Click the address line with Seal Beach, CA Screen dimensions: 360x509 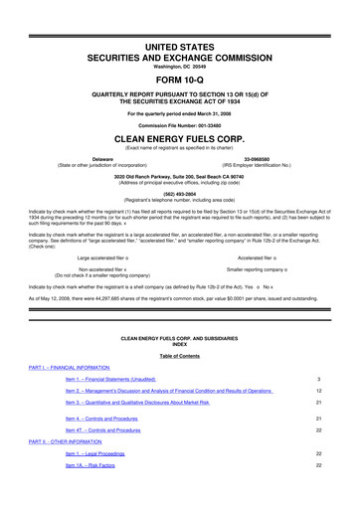[x=179, y=176]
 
